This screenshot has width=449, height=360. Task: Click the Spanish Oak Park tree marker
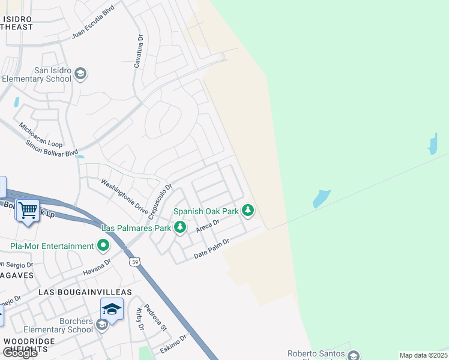[248, 211]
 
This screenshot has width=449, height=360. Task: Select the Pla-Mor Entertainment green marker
[104, 245]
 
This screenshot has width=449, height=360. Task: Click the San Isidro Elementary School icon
[80, 74]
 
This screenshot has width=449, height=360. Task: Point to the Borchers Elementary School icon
[102, 325]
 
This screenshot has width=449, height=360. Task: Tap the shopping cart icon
[28, 211]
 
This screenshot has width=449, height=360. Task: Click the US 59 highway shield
[135, 262]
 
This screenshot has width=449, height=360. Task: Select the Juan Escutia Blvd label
[92, 23]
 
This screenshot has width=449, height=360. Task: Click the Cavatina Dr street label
[139, 51]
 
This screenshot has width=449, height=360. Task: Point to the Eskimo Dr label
[174, 344]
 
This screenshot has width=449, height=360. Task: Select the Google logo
[20, 353]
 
